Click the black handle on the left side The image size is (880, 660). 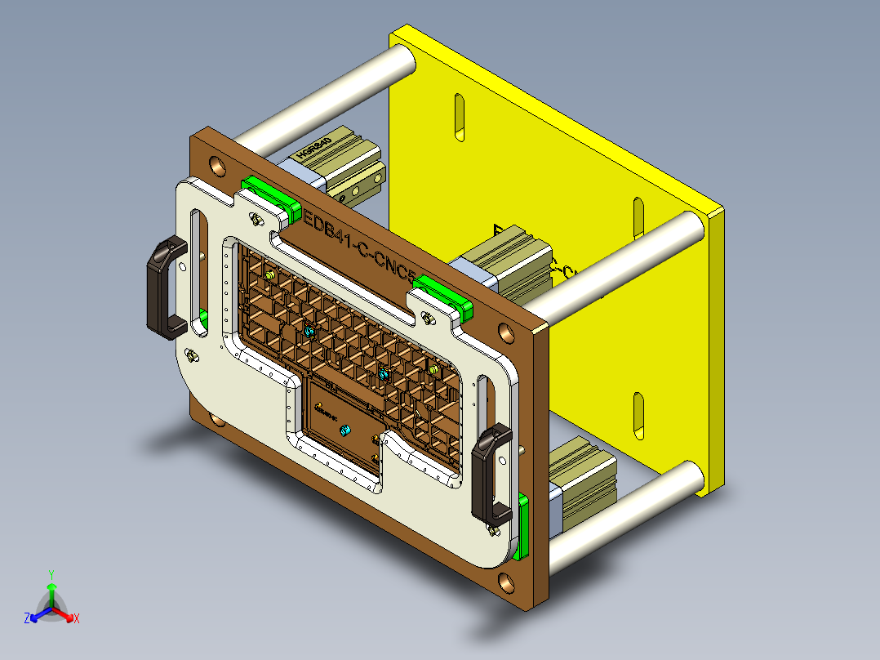(x=167, y=288)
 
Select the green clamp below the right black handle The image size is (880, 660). (x=523, y=526)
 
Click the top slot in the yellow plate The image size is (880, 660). (x=459, y=118)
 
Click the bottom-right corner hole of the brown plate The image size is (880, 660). (x=507, y=582)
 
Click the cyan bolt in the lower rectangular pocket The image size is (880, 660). (x=344, y=430)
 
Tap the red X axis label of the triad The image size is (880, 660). (x=77, y=619)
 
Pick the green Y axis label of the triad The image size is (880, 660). (x=51, y=574)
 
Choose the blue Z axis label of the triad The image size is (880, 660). (x=27, y=619)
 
